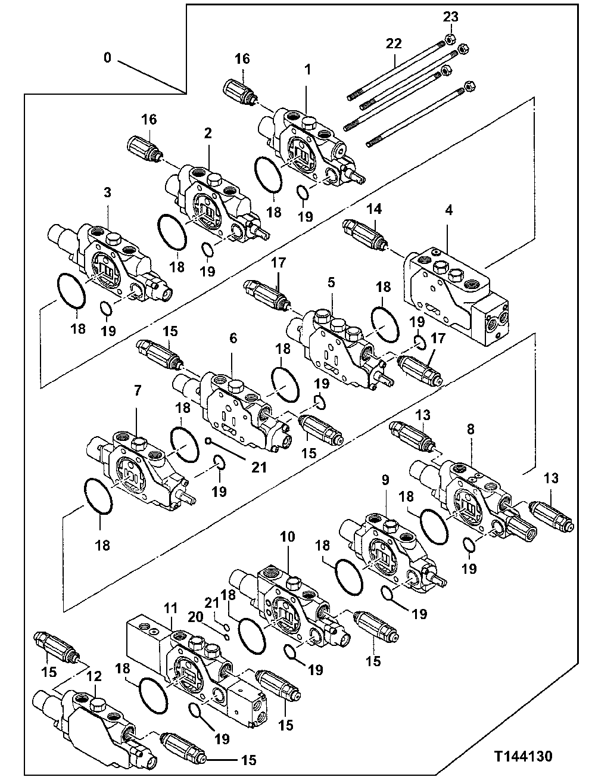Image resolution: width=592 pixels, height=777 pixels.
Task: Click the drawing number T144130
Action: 522,756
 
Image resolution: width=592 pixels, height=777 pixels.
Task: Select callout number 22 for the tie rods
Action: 394,43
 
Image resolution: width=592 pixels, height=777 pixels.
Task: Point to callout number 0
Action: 107,58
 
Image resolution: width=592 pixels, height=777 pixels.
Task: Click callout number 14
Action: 373,209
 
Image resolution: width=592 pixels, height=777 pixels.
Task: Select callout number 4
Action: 448,210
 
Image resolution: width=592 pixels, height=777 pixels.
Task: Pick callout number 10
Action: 287,537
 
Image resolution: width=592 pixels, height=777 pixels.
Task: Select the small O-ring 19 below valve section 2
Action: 205,249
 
